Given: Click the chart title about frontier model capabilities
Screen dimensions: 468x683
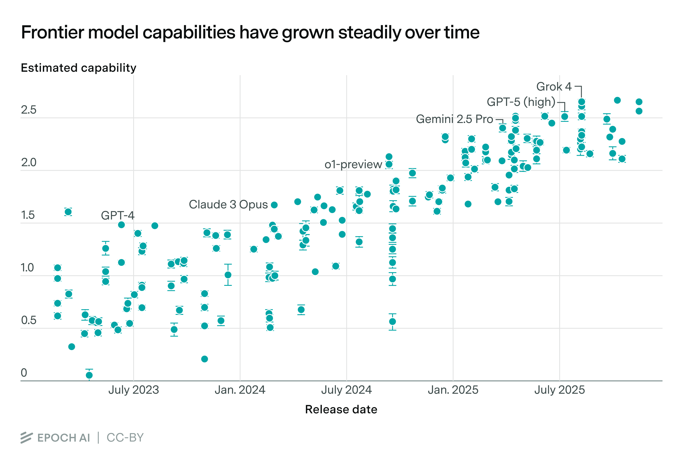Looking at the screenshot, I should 250,32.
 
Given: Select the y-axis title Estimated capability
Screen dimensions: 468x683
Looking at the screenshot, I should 79,68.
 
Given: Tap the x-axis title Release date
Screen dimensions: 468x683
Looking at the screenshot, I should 341,409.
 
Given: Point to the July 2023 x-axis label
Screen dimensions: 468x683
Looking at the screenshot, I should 133,390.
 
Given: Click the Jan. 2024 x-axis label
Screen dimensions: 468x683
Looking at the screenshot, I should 240,390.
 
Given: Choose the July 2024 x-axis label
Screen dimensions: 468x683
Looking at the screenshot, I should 346,390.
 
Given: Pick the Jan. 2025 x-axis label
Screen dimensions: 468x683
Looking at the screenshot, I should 453,390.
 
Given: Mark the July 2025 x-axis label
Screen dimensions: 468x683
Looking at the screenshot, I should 559,390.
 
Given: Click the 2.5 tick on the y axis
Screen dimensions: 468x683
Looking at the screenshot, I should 28,110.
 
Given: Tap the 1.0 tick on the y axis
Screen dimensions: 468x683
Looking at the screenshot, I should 27,268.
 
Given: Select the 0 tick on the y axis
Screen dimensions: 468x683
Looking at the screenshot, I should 24,373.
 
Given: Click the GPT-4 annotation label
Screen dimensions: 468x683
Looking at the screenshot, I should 118,215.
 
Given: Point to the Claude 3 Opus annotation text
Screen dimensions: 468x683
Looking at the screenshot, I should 228,205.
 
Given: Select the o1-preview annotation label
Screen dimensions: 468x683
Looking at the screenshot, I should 353,164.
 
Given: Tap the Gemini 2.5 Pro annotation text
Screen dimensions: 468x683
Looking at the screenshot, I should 454,119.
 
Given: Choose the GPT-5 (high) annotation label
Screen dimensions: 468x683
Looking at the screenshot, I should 521,102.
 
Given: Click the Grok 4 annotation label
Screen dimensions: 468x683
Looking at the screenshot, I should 554,87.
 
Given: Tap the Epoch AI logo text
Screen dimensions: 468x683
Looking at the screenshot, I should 63,438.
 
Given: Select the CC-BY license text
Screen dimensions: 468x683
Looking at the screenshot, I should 125,438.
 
